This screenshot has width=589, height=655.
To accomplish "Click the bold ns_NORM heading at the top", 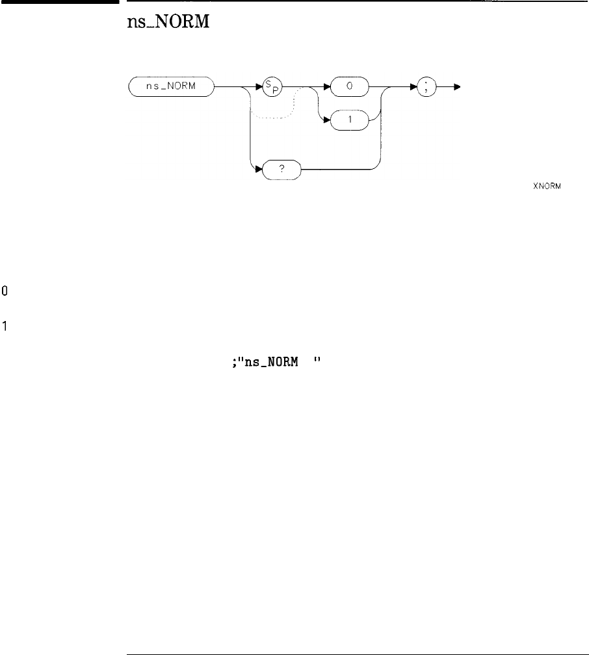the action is tap(166, 29).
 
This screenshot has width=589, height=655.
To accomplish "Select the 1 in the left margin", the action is tap(5, 326).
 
